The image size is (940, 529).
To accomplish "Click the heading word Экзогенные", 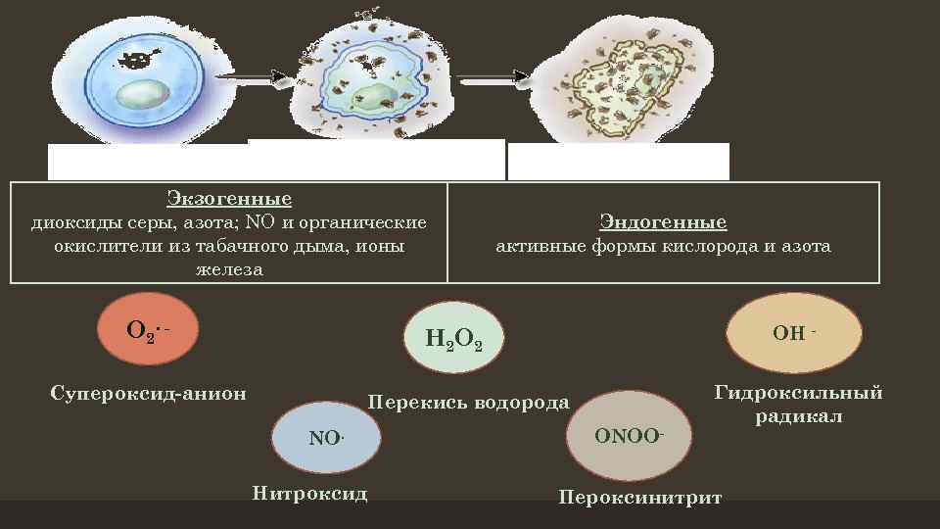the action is click(229, 199).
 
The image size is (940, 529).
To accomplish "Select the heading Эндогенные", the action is click(663, 222).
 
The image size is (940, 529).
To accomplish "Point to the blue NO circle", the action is click(327, 437).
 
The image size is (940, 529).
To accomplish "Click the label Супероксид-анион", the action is click(148, 394).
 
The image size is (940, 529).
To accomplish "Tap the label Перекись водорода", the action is click(467, 403).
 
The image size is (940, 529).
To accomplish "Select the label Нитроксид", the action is click(309, 493).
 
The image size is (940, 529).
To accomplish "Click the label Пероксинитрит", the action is click(639, 497).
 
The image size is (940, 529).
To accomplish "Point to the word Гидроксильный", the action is click(799, 393).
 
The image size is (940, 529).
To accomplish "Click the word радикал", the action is click(799, 416).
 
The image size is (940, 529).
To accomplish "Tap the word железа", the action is click(229, 269).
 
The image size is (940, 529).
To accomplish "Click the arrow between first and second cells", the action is click(250, 74).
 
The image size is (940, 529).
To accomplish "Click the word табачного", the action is click(226, 246).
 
